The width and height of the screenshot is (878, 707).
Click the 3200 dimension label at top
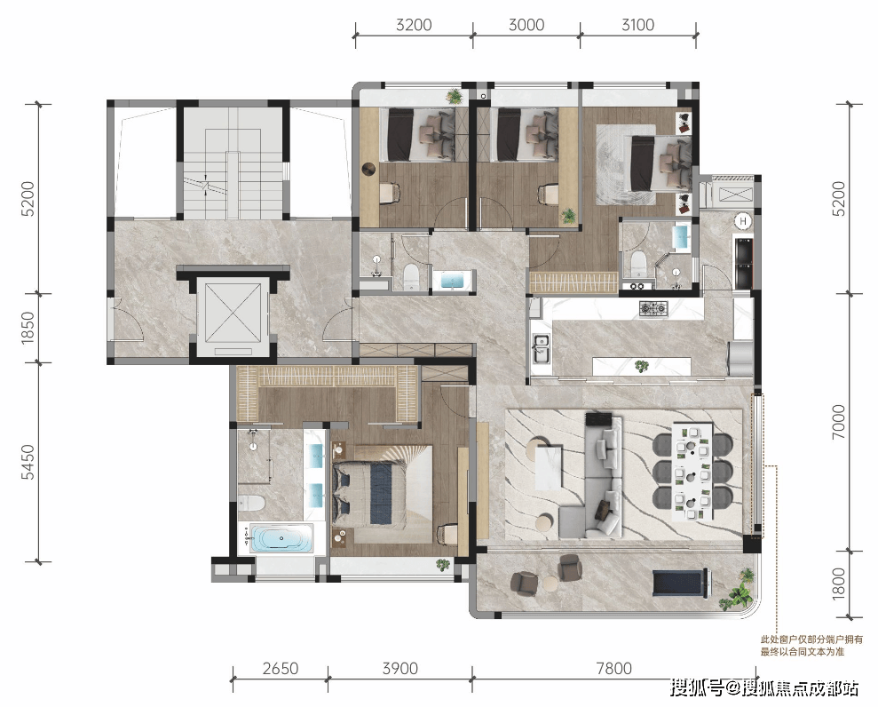(x=413, y=25)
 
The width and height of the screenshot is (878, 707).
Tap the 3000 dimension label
(x=526, y=25)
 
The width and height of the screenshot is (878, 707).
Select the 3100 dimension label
(x=637, y=25)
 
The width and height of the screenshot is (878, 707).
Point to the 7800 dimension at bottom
(x=613, y=668)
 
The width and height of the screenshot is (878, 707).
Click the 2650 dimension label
(x=280, y=668)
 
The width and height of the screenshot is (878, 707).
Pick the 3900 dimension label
(x=399, y=668)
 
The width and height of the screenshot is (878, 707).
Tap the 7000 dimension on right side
(x=838, y=422)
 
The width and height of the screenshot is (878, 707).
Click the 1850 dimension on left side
(x=28, y=328)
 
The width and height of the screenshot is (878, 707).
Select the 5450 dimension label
(x=28, y=462)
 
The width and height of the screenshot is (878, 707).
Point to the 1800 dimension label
(x=838, y=584)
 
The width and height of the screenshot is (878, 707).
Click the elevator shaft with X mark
(x=233, y=312)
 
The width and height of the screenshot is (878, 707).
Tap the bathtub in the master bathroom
(x=280, y=539)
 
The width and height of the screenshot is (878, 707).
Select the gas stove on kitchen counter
(x=653, y=307)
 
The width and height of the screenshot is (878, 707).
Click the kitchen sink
(x=541, y=346)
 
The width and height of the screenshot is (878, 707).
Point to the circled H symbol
(x=743, y=221)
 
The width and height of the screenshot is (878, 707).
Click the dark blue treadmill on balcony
(x=680, y=583)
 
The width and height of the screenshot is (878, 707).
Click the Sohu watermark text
(x=763, y=687)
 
